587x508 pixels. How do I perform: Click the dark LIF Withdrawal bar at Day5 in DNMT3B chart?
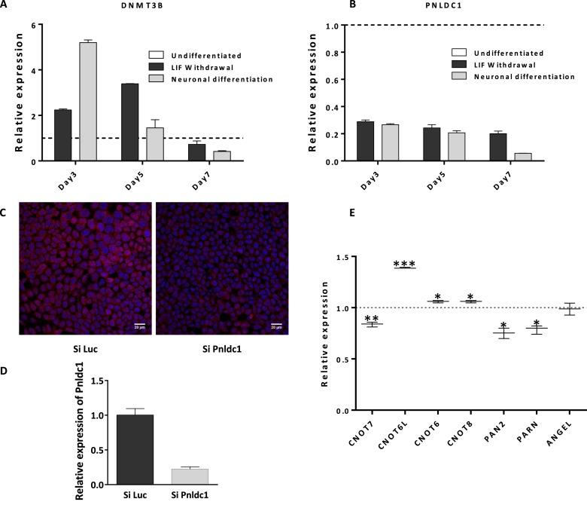[x=129, y=122]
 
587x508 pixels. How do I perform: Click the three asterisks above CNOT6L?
[x=405, y=264]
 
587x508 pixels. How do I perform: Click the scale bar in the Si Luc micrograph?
[x=138, y=326]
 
